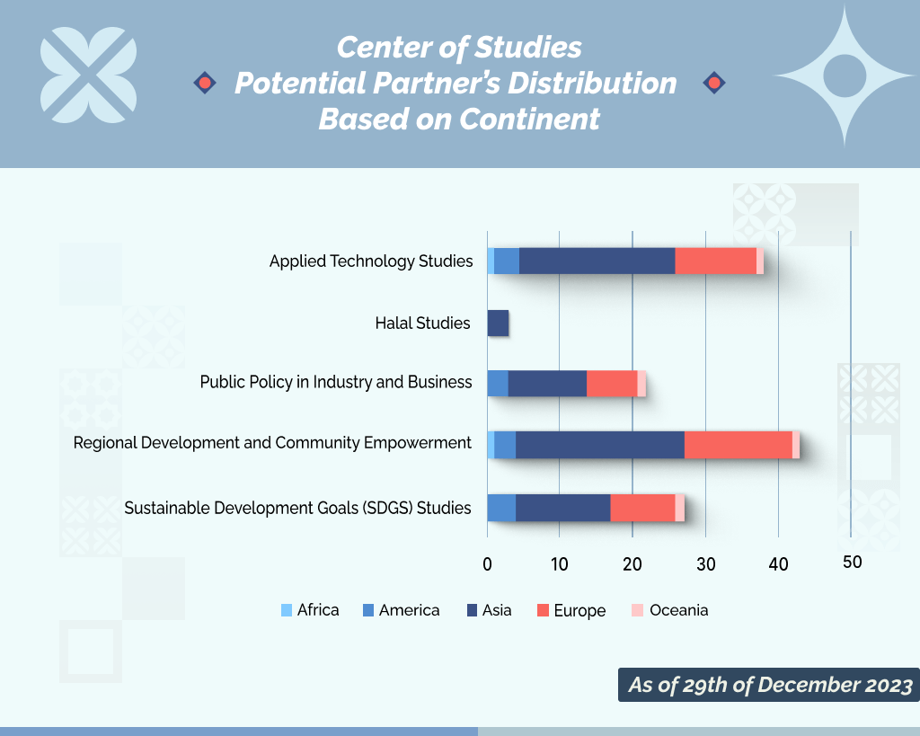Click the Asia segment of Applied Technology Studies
pyautogui.click(x=597, y=261)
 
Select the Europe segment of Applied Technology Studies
pyautogui.click(x=715, y=261)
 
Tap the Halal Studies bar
pyautogui.click(x=498, y=323)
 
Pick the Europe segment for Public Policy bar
pyautogui.click(x=612, y=383)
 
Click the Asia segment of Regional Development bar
pyautogui.click(x=599, y=445)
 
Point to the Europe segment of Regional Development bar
pyautogui.click(x=738, y=445)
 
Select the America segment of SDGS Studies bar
pyautogui.click(x=501, y=507)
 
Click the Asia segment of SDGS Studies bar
pyautogui.click(x=562, y=507)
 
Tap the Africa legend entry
pyautogui.click(x=310, y=610)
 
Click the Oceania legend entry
pyautogui.click(x=669, y=610)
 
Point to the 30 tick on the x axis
pyautogui.click(x=706, y=564)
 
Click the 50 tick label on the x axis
pyautogui.click(x=852, y=563)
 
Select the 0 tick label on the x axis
pyautogui.click(x=487, y=564)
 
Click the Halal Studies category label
pyautogui.click(x=422, y=323)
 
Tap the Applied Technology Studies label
pyautogui.click(x=371, y=262)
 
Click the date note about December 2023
pyautogui.click(x=769, y=685)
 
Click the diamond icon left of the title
pyautogui.click(x=205, y=84)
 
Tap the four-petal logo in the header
pyautogui.click(x=89, y=75)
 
